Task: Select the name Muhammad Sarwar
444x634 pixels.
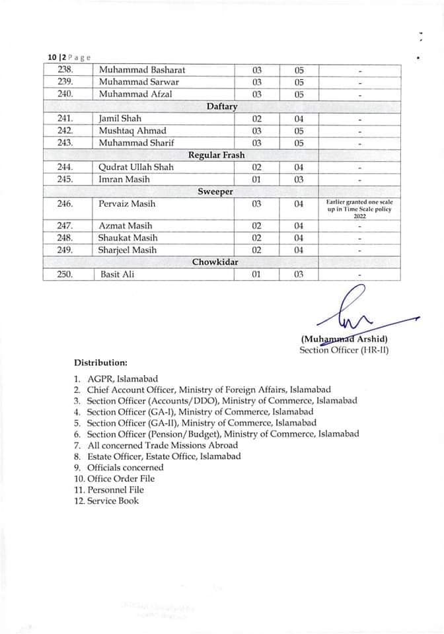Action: pyautogui.click(x=139, y=82)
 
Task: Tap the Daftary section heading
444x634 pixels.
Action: pyautogui.click(x=222, y=106)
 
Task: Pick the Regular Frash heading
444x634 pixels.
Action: pyautogui.click(x=217, y=155)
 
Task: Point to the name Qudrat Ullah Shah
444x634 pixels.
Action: pyautogui.click(x=136, y=167)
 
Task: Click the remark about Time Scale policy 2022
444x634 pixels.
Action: pyautogui.click(x=359, y=209)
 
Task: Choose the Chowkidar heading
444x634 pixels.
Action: pyautogui.click(x=215, y=262)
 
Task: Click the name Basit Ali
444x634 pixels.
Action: pyautogui.click(x=117, y=274)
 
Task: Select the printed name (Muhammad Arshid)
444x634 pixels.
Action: pyautogui.click(x=344, y=340)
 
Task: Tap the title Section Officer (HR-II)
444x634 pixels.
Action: pyautogui.click(x=344, y=351)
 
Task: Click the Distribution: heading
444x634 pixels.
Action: pyautogui.click(x=100, y=363)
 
